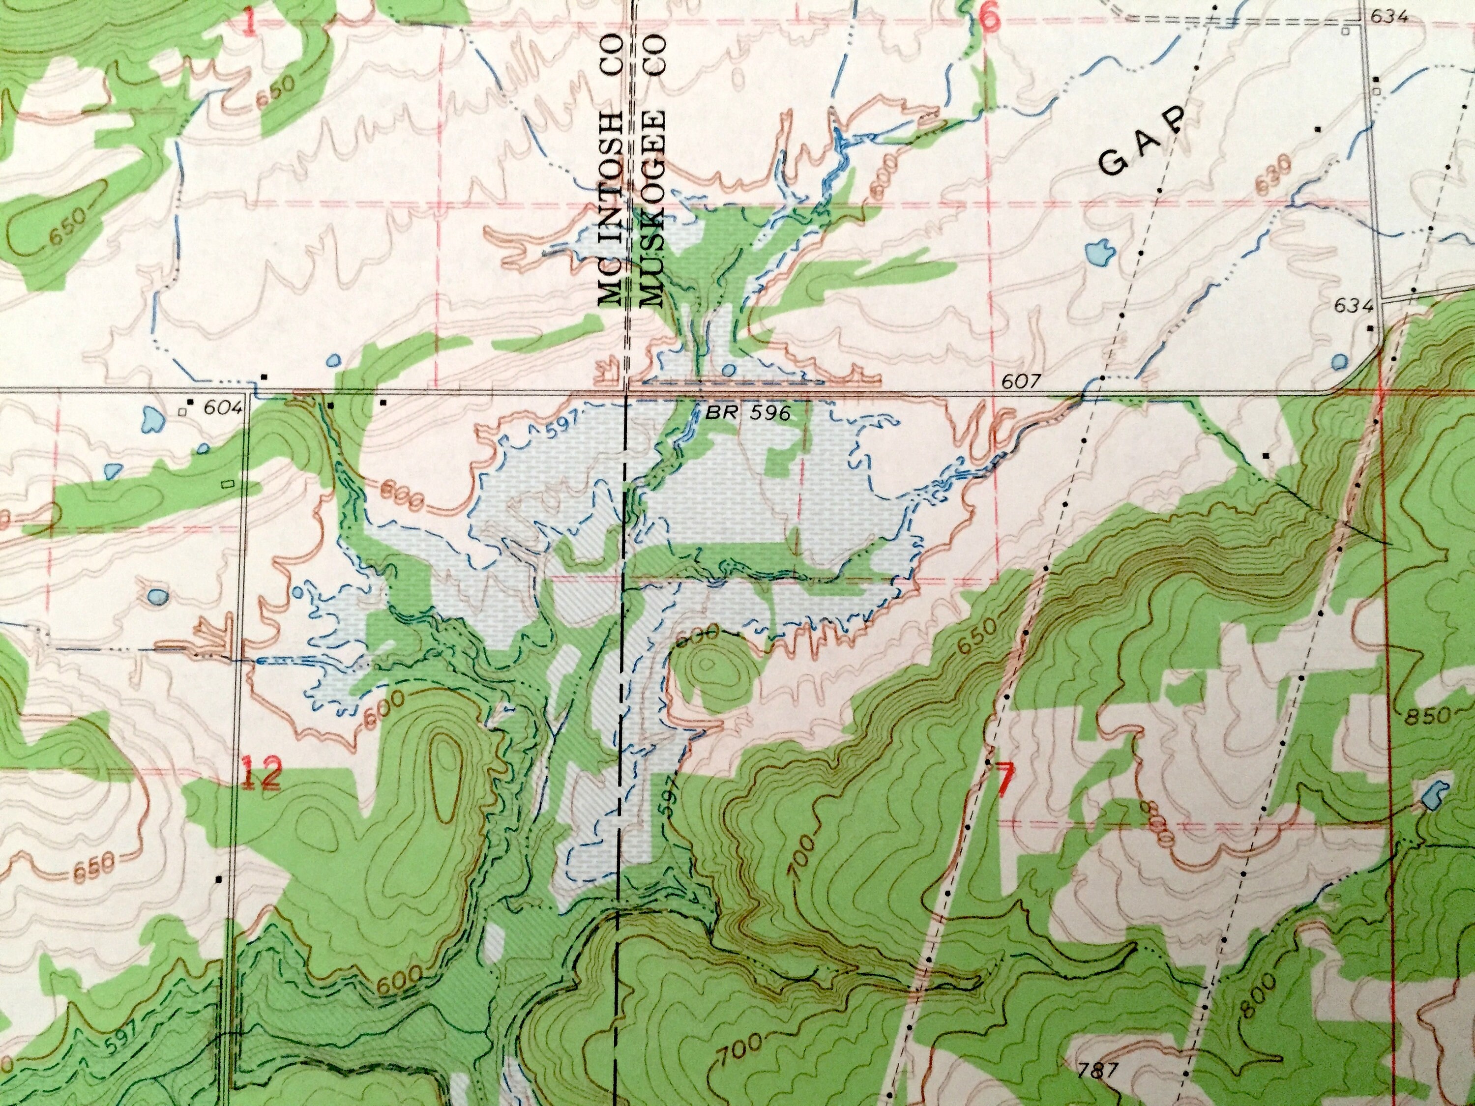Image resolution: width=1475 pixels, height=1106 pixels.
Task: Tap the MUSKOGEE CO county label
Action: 653,170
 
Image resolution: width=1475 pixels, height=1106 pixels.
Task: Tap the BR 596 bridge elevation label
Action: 749,413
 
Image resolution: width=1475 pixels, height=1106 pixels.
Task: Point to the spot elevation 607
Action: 1021,381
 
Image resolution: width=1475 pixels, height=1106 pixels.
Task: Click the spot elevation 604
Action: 222,407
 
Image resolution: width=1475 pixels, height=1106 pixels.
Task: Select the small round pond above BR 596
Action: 728,370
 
